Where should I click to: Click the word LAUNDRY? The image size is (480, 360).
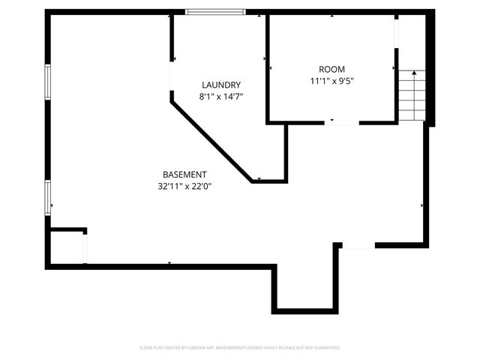[x=220, y=85]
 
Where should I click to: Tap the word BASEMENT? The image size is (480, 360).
[x=184, y=174]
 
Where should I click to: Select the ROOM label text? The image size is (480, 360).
[x=331, y=68]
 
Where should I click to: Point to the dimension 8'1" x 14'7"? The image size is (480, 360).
[x=220, y=97]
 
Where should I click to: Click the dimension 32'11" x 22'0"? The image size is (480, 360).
[x=184, y=186]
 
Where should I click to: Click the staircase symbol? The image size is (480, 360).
[x=411, y=95]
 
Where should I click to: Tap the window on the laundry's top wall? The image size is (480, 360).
[x=215, y=12]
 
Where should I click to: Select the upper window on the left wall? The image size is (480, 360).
[x=48, y=82]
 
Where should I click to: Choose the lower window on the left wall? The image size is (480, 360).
[x=48, y=198]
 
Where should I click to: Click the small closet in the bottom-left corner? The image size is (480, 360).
[x=66, y=247]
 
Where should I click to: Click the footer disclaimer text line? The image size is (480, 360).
[x=240, y=348]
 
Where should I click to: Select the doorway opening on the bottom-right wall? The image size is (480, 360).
[x=358, y=245]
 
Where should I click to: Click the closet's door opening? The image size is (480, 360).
[x=85, y=248]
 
